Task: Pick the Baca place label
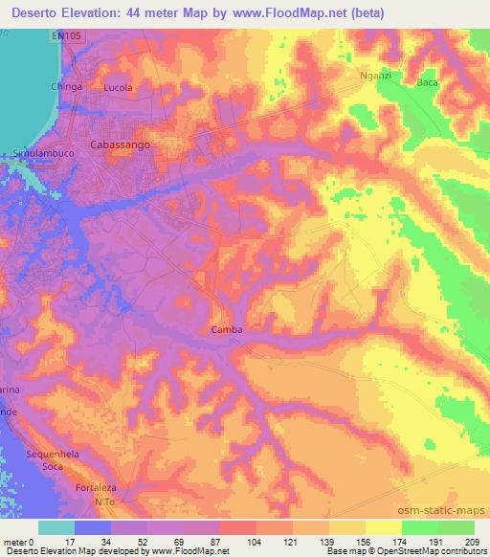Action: pyautogui.click(x=426, y=82)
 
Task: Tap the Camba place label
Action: pyautogui.click(x=226, y=330)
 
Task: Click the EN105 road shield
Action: pyautogui.click(x=63, y=34)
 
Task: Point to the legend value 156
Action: pyautogui.click(x=351, y=540)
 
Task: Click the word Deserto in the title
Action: pyautogui.click(x=36, y=11)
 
